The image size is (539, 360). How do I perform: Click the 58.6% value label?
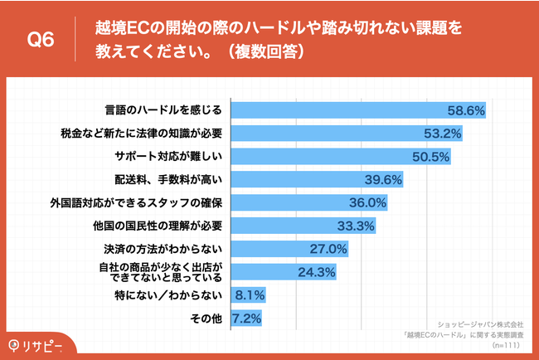466,110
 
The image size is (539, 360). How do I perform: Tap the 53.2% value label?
444,133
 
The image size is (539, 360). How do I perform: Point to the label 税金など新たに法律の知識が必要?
142,133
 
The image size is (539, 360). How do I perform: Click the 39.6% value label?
383,179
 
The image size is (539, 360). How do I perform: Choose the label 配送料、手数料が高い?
169,179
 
